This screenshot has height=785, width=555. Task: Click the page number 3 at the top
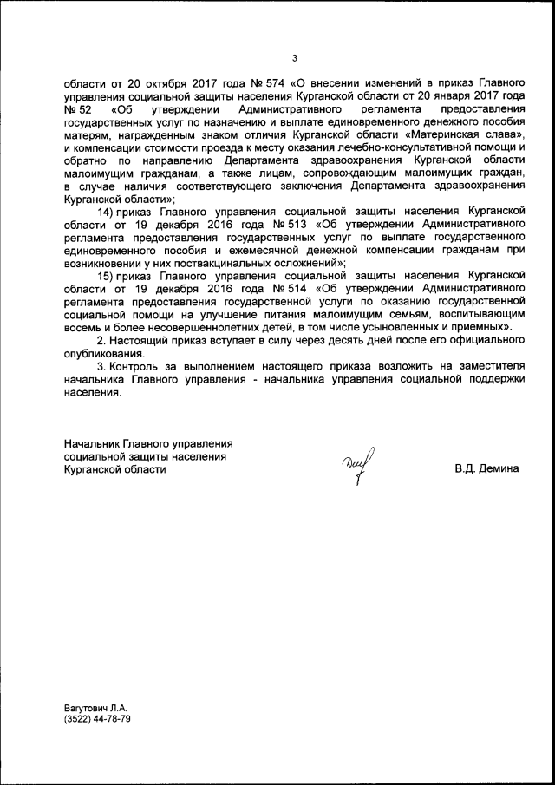tap(294, 58)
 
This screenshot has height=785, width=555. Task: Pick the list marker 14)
tap(110, 212)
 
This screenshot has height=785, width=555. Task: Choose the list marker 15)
tap(110, 275)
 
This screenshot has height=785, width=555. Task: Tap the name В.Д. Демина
tap(486, 469)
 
